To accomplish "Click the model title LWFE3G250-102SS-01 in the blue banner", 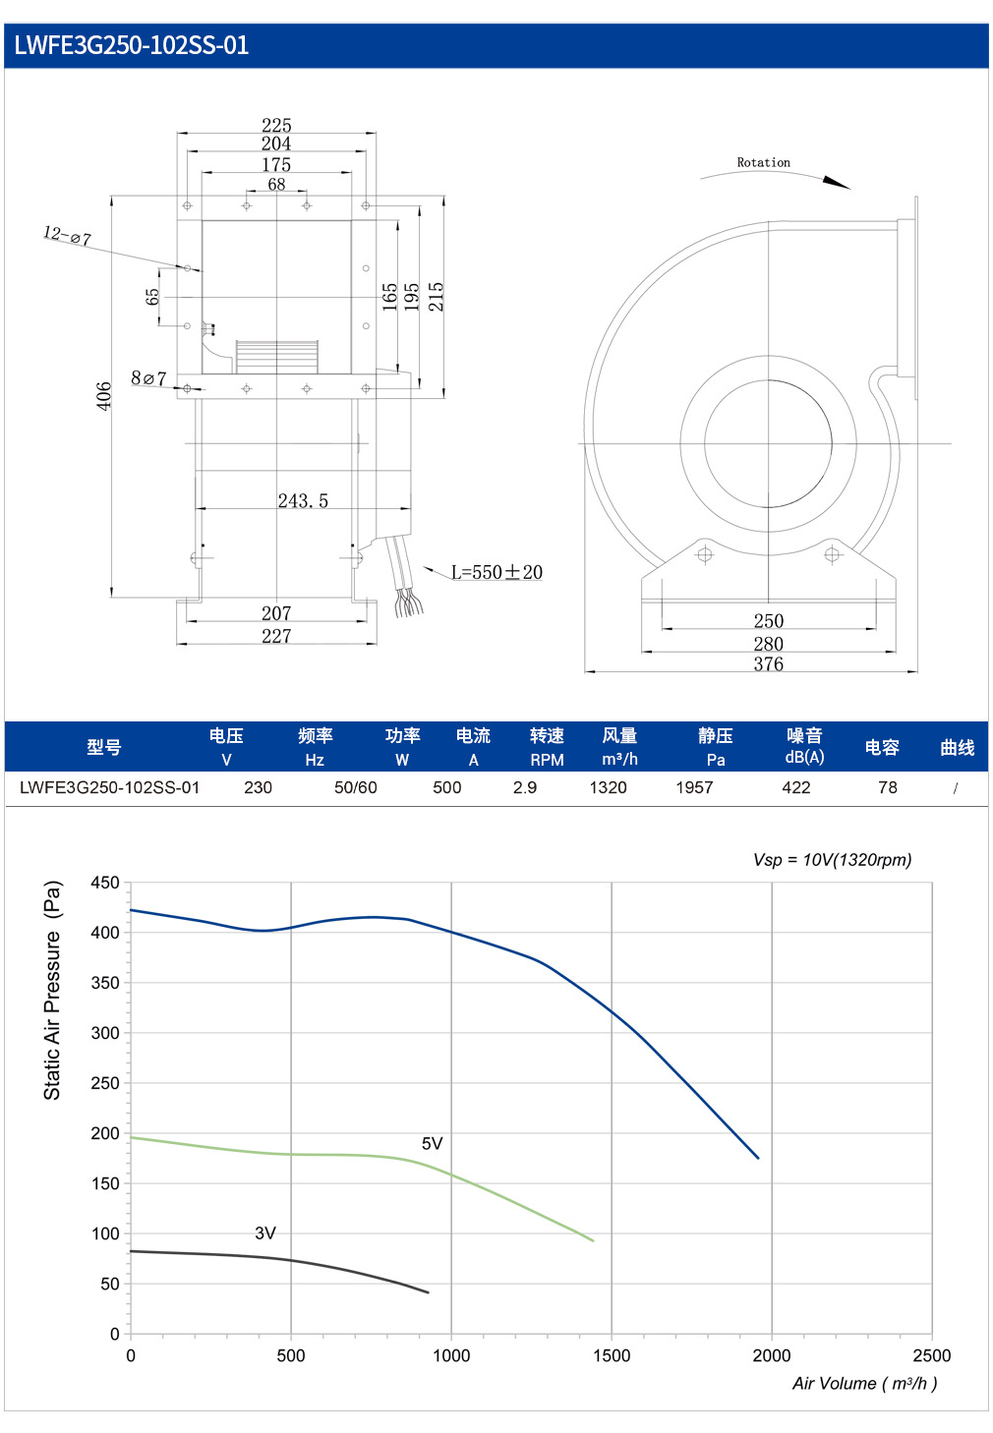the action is tap(131, 45).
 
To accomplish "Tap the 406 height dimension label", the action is tap(103, 396).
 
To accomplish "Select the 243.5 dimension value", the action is tap(303, 500).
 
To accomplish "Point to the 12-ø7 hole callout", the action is tap(67, 236).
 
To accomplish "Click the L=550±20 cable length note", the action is tap(496, 572).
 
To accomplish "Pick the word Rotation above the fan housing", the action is tap(763, 162).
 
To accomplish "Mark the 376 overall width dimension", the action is tap(769, 664).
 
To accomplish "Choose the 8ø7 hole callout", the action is tap(148, 378).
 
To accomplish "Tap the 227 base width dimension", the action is tap(276, 636).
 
